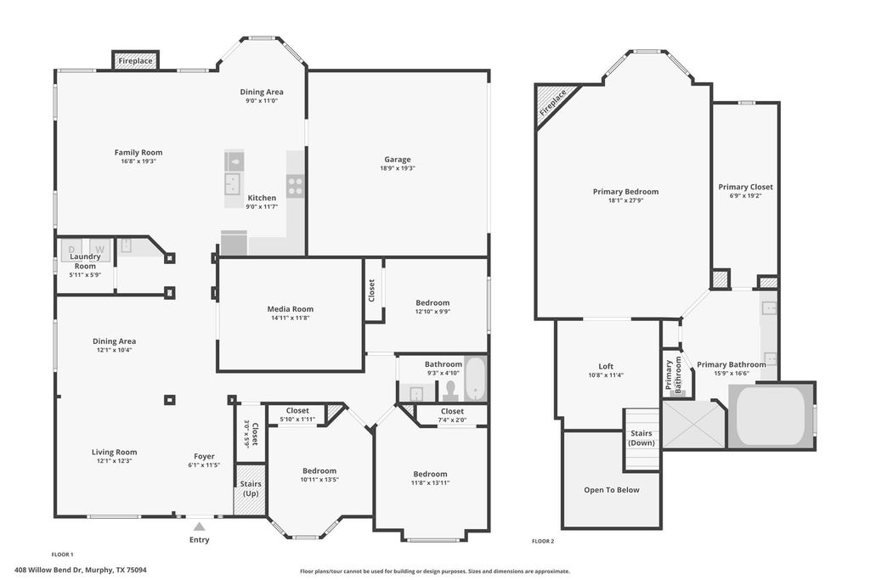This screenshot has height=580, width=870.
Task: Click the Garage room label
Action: [x=398, y=159]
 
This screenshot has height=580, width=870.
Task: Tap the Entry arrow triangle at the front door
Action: [x=199, y=527]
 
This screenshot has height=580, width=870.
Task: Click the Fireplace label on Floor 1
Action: [x=135, y=60]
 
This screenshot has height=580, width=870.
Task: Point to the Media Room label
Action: [x=291, y=309]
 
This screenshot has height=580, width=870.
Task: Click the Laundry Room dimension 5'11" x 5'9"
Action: [x=85, y=274]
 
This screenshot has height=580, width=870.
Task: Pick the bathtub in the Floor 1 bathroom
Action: [x=476, y=379]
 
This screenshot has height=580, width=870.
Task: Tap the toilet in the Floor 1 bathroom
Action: [x=450, y=390]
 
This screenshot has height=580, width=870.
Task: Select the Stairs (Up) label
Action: [x=251, y=488]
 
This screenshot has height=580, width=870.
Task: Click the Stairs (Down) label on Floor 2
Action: [x=641, y=438]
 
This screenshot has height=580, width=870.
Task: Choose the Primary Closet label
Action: [x=745, y=187]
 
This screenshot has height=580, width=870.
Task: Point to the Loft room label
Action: [x=606, y=366]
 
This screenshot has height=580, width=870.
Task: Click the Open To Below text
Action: [x=612, y=490]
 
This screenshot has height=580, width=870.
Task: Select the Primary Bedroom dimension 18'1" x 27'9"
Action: [x=626, y=200]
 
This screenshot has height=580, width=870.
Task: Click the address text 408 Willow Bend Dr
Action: [x=48, y=570]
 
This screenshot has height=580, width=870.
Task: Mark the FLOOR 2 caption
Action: [x=543, y=541]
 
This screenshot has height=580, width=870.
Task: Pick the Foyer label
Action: [x=204, y=456]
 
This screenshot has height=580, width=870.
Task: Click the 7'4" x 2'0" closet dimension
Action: [x=452, y=420]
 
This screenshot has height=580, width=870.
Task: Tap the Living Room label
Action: [x=115, y=452]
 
